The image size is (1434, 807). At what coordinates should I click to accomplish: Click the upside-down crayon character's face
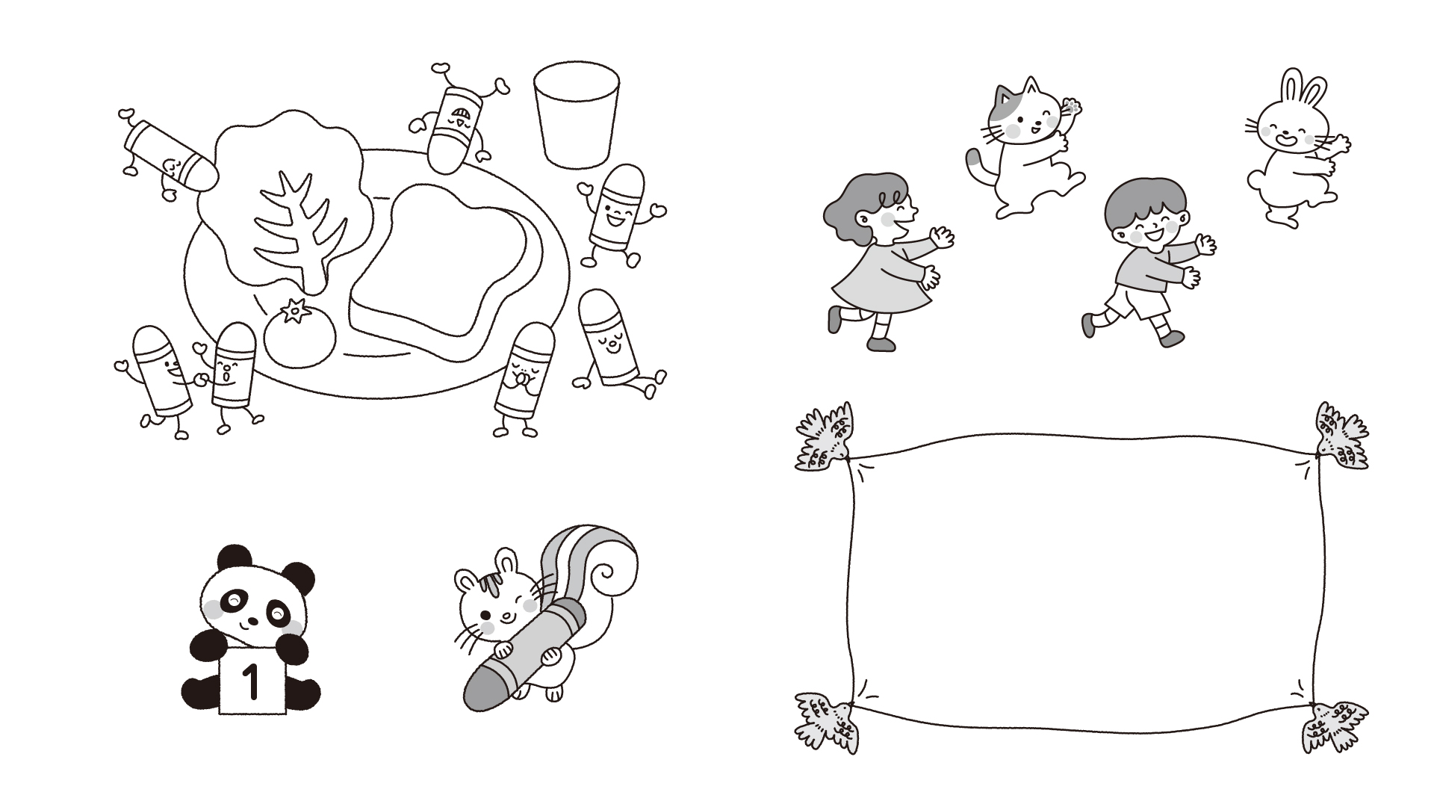coord(458,120)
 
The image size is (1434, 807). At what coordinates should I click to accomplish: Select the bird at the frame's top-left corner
coord(824,439)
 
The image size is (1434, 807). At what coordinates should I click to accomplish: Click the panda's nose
coord(252,621)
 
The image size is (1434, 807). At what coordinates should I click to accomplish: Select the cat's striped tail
coord(975,164)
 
